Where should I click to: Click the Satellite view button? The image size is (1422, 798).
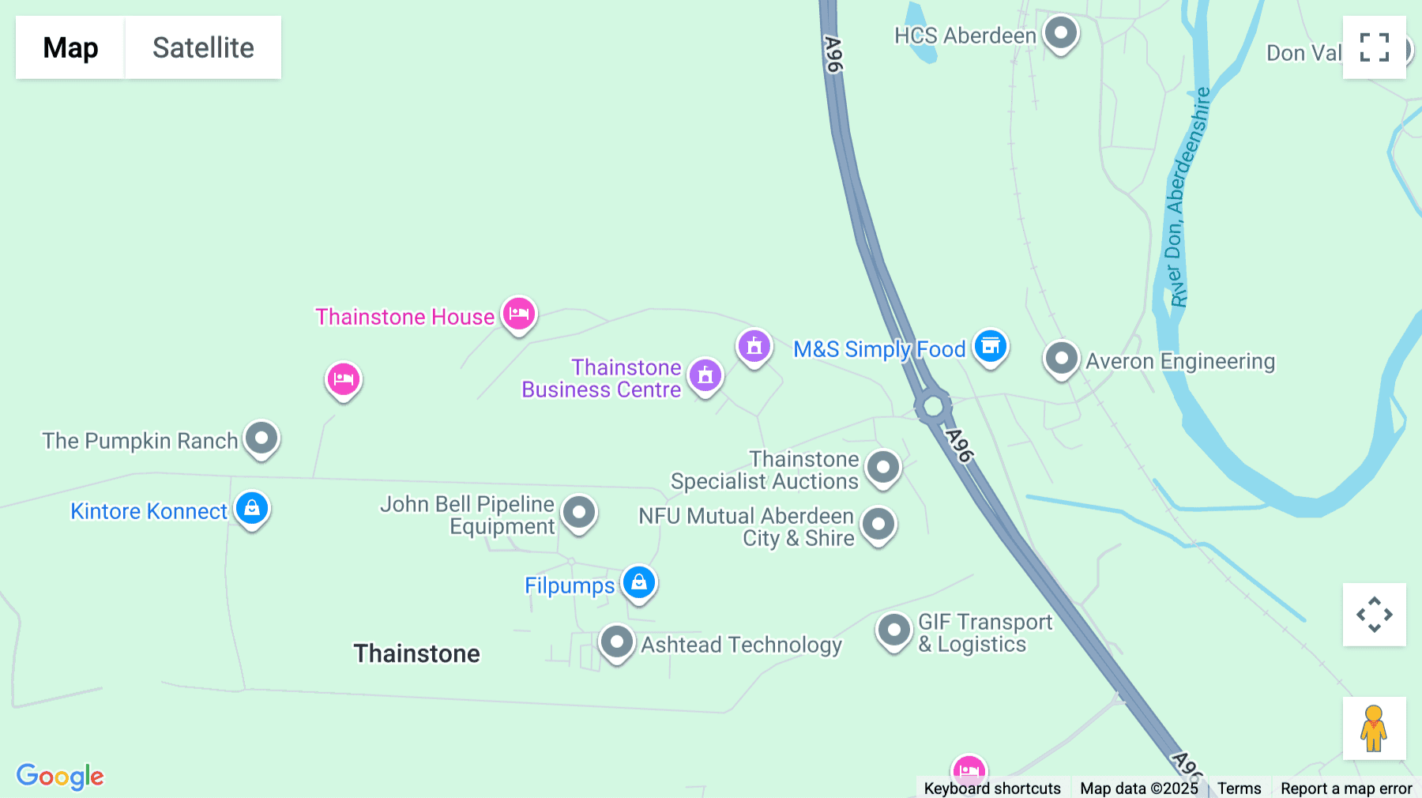203,47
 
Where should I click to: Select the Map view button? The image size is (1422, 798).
70,47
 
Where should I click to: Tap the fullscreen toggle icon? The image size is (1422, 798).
1374,47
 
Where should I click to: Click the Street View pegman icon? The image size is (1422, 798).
1374,728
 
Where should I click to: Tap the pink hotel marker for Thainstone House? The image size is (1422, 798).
519,314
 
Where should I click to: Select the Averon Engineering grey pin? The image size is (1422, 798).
1061,359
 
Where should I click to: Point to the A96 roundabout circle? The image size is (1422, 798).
933,406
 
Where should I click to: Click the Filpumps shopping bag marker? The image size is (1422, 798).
639,583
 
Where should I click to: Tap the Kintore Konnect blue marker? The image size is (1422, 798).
252,509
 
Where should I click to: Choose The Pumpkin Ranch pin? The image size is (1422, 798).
261,438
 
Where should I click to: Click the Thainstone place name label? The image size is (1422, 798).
416,653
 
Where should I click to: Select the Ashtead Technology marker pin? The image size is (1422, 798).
617,642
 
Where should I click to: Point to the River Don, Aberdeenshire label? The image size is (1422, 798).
1189,198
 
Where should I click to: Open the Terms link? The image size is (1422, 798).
1239,788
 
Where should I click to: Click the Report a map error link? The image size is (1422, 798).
1346,788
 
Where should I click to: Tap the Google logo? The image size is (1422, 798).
60,776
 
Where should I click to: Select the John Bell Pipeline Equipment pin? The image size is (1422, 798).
579,513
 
